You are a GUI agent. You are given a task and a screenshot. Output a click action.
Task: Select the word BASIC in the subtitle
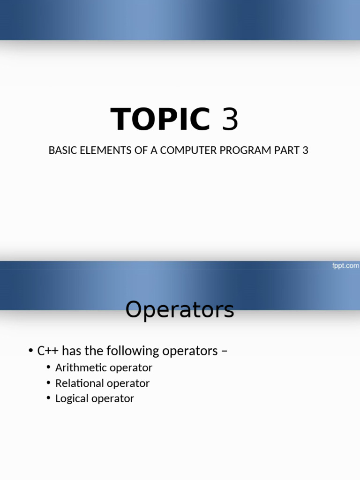pyautogui.click(x=61, y=150)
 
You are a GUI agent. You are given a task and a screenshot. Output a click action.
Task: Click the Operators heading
pyautogui.click(x=180, y=309)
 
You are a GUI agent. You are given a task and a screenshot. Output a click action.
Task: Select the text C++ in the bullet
pyautogui.click(x=48, y=351)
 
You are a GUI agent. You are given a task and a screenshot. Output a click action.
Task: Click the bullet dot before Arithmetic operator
pyautogui.click(x=49, y=367)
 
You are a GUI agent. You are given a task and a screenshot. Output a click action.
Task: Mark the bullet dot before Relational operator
pyautogui.click(x=49, y=383)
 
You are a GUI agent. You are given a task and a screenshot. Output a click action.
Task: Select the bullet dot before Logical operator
pyautogui.click(x=49, y=398)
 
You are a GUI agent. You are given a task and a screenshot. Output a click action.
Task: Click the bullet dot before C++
pyautogui.click(x=30, y=351)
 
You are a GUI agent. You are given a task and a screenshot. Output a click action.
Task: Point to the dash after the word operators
pyautogui.click(x=225, y=351)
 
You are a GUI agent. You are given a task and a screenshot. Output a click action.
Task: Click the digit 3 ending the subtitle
pyautogui.click(x=305, y=150)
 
